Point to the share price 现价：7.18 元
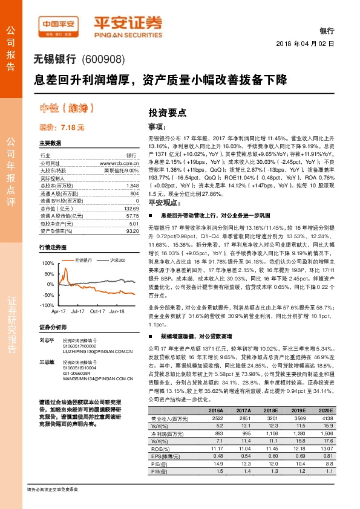[x=62, y=128]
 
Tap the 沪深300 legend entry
[x=117, y=259]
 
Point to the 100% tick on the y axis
[x=47, y=264]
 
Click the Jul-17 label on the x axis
[x=77, y=311]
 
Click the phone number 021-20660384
[x=76, y=373]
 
